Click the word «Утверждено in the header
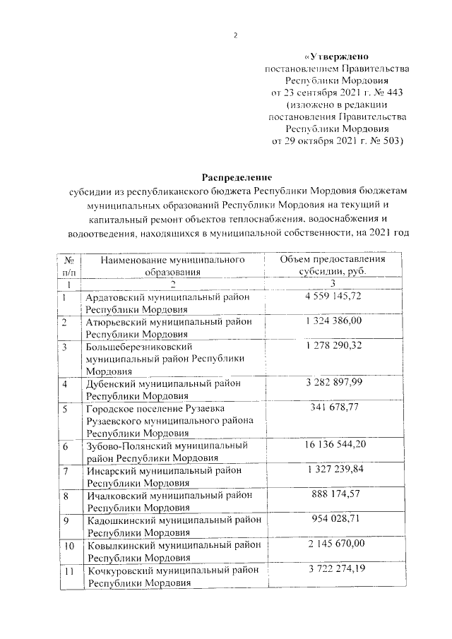pos(335,56)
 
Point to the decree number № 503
pos(385,141)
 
